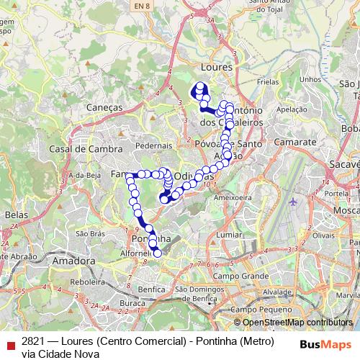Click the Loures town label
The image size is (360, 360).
click(218, 66)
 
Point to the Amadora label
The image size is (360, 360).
click(74, 261)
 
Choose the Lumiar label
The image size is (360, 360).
click(229, 235)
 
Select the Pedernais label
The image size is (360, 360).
click(149, 145)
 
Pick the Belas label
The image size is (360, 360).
click(15, 215)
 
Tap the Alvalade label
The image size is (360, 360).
click(276, 292)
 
